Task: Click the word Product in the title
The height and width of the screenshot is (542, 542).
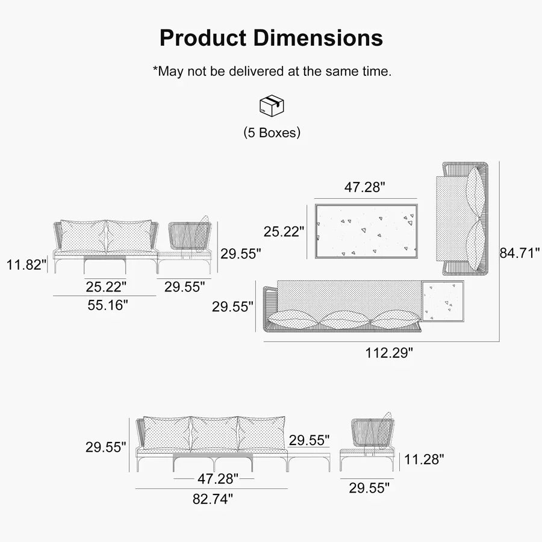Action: [203, 38]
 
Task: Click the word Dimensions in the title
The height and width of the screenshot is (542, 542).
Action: [318, 38]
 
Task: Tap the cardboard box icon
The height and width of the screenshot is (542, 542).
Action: [272, 105]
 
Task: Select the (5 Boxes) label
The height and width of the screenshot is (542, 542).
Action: [272, 132]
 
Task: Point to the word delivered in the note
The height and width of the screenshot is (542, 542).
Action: [256, 71]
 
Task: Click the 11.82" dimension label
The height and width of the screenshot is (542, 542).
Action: [26, 265]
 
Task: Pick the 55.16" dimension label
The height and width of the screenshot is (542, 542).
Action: [108, 305]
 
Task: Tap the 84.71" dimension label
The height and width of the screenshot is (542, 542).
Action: [520, 253]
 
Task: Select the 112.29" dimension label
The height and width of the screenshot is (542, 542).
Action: [389, 353]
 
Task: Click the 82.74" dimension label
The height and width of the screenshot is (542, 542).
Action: [213, 499]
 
